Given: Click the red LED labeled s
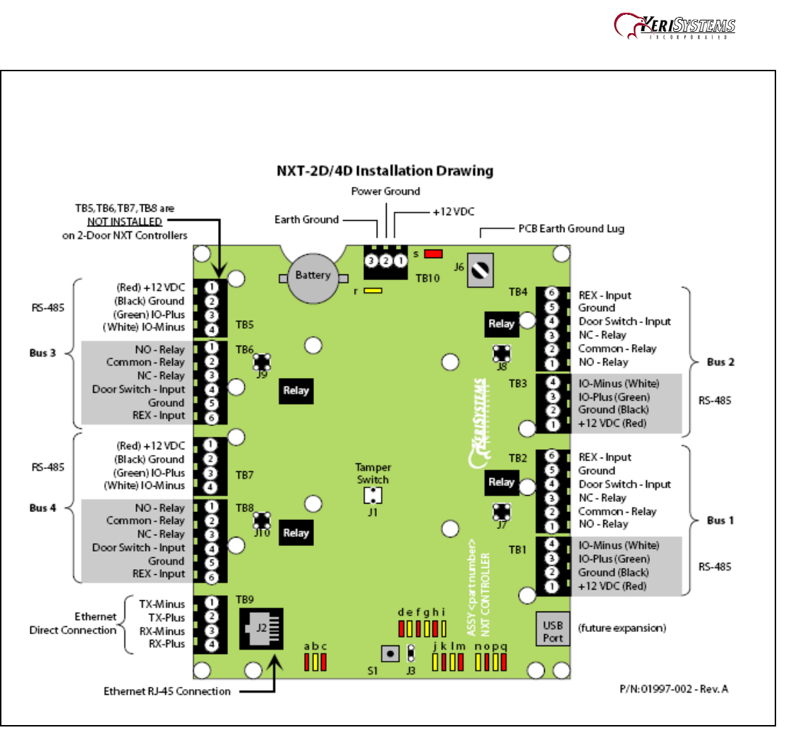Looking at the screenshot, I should click(433, 253).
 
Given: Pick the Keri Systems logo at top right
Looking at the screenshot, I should click(675, 27).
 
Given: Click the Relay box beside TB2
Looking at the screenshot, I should click(501, 482).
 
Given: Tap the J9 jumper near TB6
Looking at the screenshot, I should click(262, 361).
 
